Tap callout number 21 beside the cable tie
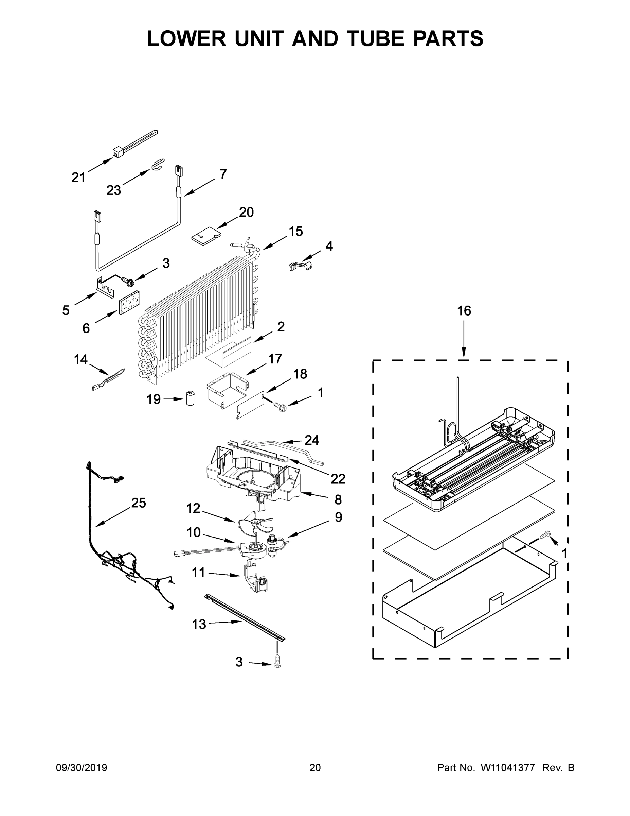click(78, 177)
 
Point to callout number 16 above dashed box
click(464, 310)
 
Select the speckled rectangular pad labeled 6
click(129, 302)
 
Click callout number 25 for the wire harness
click(139, 503)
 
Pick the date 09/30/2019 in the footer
click(82, 768)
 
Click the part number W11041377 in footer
click(508, 768)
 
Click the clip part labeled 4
click(301, 266)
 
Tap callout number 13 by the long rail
click(199, 624)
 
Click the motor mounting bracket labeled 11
click(256, 581)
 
